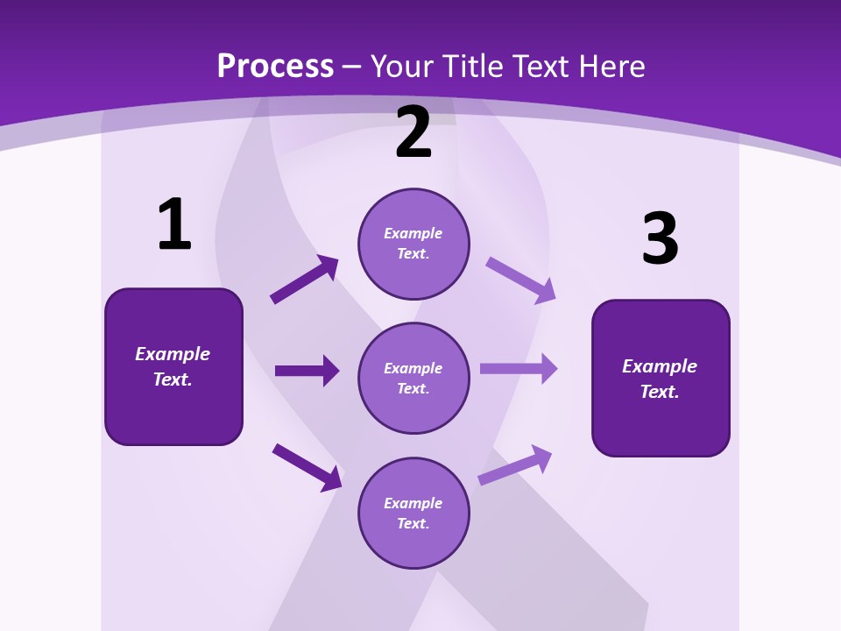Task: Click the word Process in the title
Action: pyautogui.click(x=275, y=67)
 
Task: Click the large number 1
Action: pyautogui.click(x=174, y=224)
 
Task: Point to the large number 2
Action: pyautogui.click(x=413, y=132)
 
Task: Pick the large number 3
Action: pyautogui.click(x=660, y=239)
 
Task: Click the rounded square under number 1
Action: pyautogui.click(x=173, y=366)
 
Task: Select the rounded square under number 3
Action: pyautogui.click(x=661, y=378)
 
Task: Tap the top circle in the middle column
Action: pyautogui.click(x=413, y=244)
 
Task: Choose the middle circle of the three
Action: pyautogui.click(x=413, y=378)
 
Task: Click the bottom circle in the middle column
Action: pyautogui.click(x=413, y=513)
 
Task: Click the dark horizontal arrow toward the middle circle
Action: pyautogui.click(x=307, y=371)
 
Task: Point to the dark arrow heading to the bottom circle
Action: pyautogui.click(x=307, y=467)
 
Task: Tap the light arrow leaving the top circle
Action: pyautogui.click(x=521, y=280)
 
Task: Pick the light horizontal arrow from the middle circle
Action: pyautogui.click(x=519, y=368)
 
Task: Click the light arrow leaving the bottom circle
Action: pyautogui.click(x=516, y=464)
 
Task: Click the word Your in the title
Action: pyautogui.click(x=400, y=67)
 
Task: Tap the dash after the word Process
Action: pyautogui.click(x=351, y=67)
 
